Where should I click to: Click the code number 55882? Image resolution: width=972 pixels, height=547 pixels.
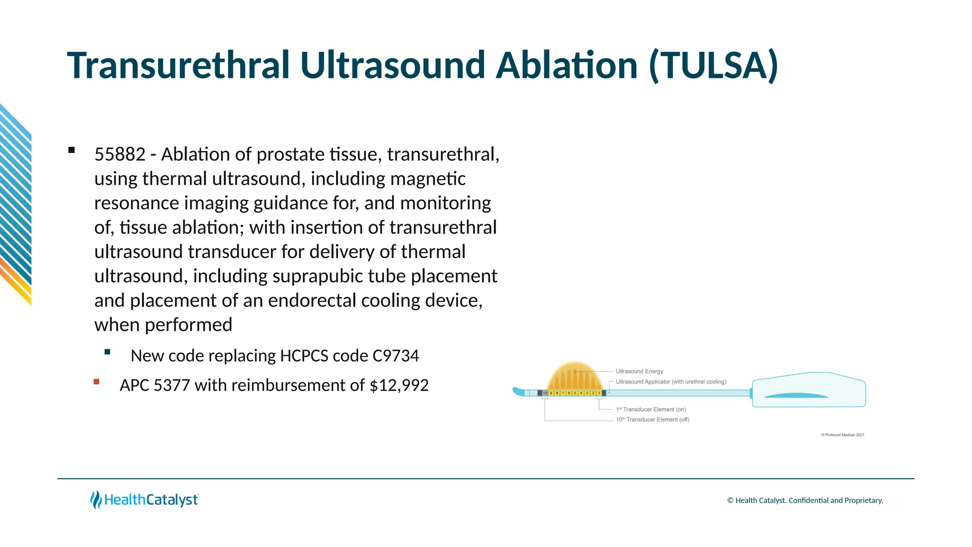pos(120,154)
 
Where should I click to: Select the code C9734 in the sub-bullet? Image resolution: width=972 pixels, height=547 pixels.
pos(396,356)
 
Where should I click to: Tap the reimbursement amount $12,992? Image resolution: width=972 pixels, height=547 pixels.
pos(399,385)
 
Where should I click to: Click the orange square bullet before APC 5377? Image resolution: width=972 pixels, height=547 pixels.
pos(97,382)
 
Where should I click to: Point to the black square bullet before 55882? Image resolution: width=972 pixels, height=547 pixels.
pos(72,151)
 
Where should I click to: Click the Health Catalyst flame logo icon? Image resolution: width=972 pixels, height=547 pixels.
pos(96,500)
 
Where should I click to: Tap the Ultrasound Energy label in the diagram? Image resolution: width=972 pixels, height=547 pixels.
pos(639,371)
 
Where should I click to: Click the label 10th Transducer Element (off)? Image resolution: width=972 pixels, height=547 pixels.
pos(652,420)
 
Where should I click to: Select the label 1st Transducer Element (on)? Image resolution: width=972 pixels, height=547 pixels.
pos(651,409)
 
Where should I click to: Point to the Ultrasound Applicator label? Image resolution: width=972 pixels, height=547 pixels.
pos(670,382)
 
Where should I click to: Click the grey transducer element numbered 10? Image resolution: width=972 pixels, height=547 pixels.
pos(545,393)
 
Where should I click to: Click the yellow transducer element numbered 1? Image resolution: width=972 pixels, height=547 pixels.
pos(599,393)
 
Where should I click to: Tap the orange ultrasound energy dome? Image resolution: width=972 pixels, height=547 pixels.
pos(574,377)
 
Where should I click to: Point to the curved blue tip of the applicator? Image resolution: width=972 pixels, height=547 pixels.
pos(518,392)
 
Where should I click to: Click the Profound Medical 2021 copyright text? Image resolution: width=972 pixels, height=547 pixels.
pos(843,435)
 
